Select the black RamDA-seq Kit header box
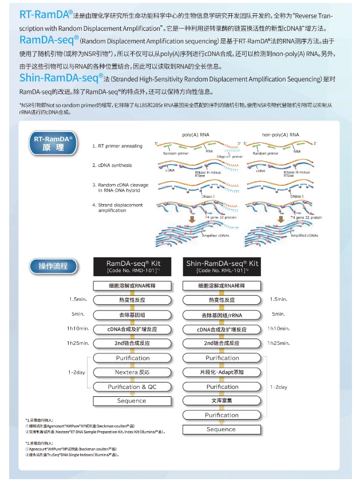pyautogui.click(x=133, y=266)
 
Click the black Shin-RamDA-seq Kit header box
pyautogui.click(x=221, y=266)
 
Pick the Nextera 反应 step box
pyautogui.click(x=132, y=372)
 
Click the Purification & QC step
pyautogui.click(x=132, y=387)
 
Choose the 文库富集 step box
pyautogui.click(x=221, y=401)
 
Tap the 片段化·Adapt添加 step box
pyautogui.click(x=221, y=372)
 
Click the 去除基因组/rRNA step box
pyautogui.click(x=221, y=314)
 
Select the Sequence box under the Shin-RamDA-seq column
pyautogui.click(x=221, y=429)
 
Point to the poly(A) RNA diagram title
pyautogui.click(x=195, y=134)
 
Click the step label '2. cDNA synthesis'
pyautogui.click(x=112, y=165)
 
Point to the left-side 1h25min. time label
pyautogui.click(x=77, y=343)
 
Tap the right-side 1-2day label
pyautogui.click(x=279, y=387)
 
